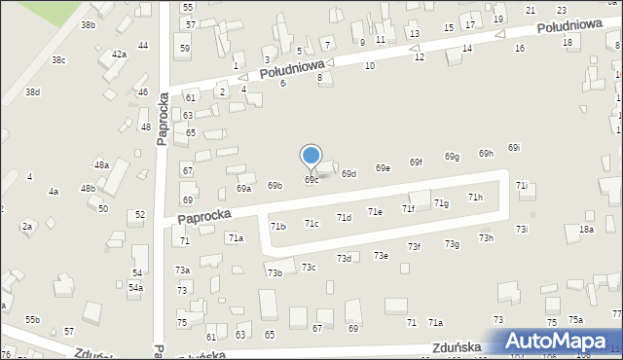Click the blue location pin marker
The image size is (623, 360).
pyautogui.click(x=311, y=156)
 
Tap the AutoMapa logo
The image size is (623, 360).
pyautogui.click(x=558, y=342)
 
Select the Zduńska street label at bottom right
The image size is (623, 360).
pyautogui.click(x=458, y=346)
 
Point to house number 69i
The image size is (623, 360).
pyautogui.click(x=513, y=148)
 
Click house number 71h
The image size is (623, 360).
pyautogui.click(x=475, y=198)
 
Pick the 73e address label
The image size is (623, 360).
pyautogui.click(x=382, y=255)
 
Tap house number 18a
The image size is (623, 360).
pyautogui.click(x=586, y=229)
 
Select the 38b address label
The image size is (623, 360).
pyautogui.click(x=88, y=24)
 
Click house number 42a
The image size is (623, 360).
pyautogui.click(x=119, y=54)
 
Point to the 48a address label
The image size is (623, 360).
pyautogui.click(x=101, y=165)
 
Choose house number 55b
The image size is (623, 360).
pyautogui.click(x=33, y=319)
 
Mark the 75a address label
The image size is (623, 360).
pyautogui.click(x=576, y=320)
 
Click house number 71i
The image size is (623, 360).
pyautogui.click(x=522, y=185)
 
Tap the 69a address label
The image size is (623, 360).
pyautogui.click(x=243, y=189)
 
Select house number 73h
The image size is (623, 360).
pyautogui.click(x=486, y=237)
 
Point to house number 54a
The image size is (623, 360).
pyautogui.click(x=136, y=288)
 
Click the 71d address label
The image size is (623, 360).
pyautogui.click(x=344, y=218)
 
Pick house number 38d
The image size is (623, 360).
pyautogui.click(x=32, y=91)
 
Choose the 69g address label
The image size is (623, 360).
pyautogui.click(x=452, y=157)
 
